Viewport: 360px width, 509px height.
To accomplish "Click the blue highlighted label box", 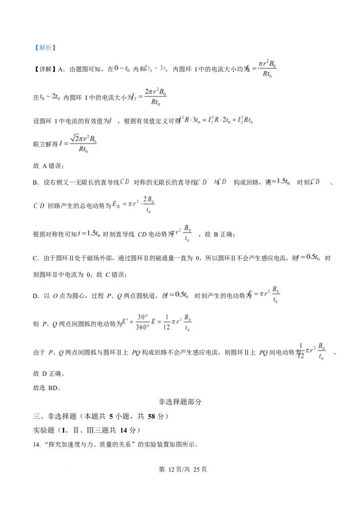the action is click(45, 49).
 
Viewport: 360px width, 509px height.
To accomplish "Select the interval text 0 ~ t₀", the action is click(122, 68).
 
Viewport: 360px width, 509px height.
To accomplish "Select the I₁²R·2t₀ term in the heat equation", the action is click(221, 121).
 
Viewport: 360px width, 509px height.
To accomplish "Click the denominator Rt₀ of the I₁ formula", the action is click(267, 75).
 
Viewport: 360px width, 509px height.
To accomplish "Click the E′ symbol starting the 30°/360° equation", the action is click(126, 322).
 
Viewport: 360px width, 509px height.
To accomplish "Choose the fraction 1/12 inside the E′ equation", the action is click(167, 322).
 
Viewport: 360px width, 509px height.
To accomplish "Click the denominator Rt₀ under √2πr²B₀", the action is click(83, 150).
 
